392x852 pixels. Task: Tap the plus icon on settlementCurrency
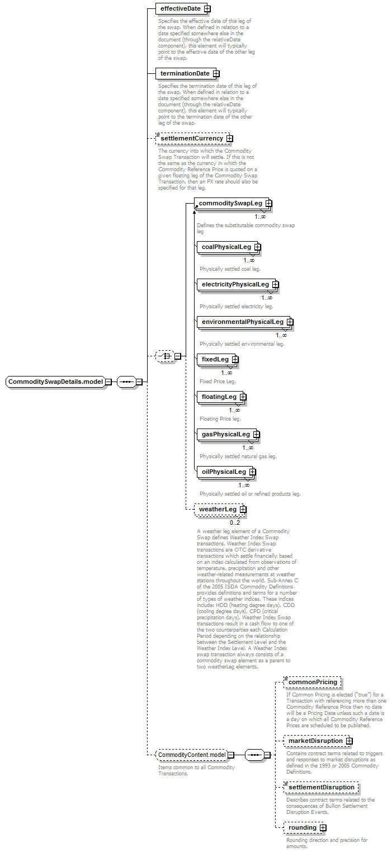230,138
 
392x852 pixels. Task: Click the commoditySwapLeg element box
233,204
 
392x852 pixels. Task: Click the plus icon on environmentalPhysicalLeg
290,322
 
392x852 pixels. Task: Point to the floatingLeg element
221,397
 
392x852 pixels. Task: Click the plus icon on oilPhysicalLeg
253,472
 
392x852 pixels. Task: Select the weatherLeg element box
220,509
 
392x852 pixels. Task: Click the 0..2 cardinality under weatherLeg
235,523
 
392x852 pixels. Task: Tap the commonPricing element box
313,682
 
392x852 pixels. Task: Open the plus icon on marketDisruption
350,741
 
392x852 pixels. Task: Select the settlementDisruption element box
322,787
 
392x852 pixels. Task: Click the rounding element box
305,827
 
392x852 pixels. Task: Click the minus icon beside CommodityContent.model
231,755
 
